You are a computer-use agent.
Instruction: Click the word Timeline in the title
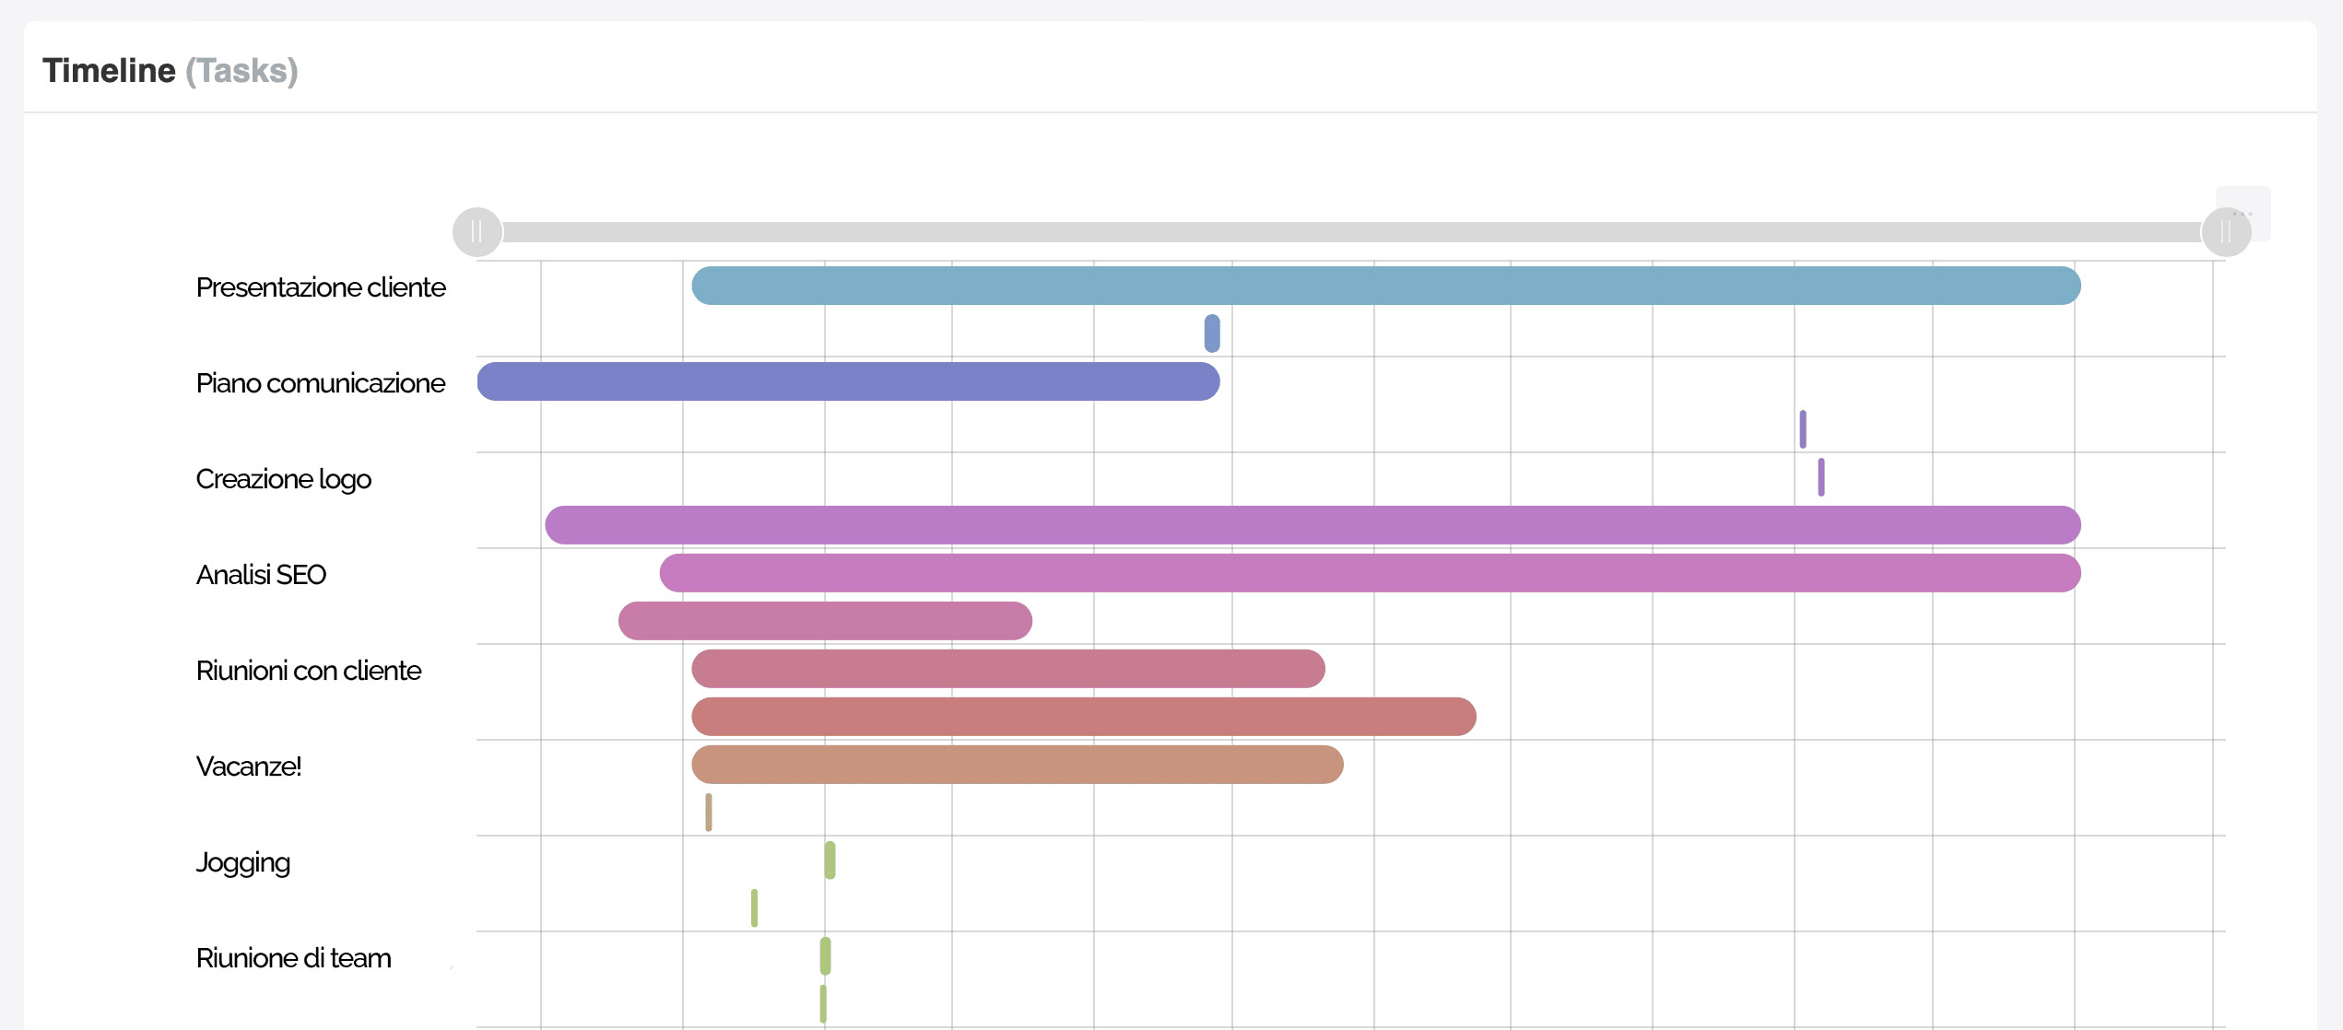pyautogui.click(x=109, y=71)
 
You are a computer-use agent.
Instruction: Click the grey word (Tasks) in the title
pyautogui.click(x=241, y=71)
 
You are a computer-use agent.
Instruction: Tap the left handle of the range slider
pyautogui.click(x=477, y=232)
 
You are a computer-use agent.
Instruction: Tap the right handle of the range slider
pyautogui.click(x=2226, y=232)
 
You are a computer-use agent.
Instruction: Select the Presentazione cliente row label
pyautogui.click(x=321, y=287)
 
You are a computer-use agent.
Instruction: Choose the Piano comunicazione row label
pyautogui.click(x=321, y=383)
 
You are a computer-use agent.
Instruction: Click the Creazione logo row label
pyautogui.click(x=283, y=479)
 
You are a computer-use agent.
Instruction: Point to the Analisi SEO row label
pyautogui.click(x=261, y=575)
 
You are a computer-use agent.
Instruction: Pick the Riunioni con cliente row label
pyautogui.click(x=308, y=671)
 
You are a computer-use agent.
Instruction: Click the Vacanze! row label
pyautogui.click(x=248, y=767)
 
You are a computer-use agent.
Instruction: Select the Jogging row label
pyautogui.click(x=242, y=862)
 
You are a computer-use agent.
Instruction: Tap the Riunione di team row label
pyautogui.click(x=293, y=958)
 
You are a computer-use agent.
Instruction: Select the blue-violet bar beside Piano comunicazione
pyautogui.click(x=848, y=381)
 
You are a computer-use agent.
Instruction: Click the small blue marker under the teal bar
pyautogui.click(x=1212, y=334)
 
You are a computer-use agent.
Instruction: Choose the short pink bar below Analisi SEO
pyautogui.click(x=825, y=621)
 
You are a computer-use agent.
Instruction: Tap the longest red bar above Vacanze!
pyautogui.click(x=1083, y=717)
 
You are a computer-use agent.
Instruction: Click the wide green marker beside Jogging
pyautogui.click(x=830, y=860)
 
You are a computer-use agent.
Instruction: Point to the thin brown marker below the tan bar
pyautogui.click(x=708, y=813)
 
